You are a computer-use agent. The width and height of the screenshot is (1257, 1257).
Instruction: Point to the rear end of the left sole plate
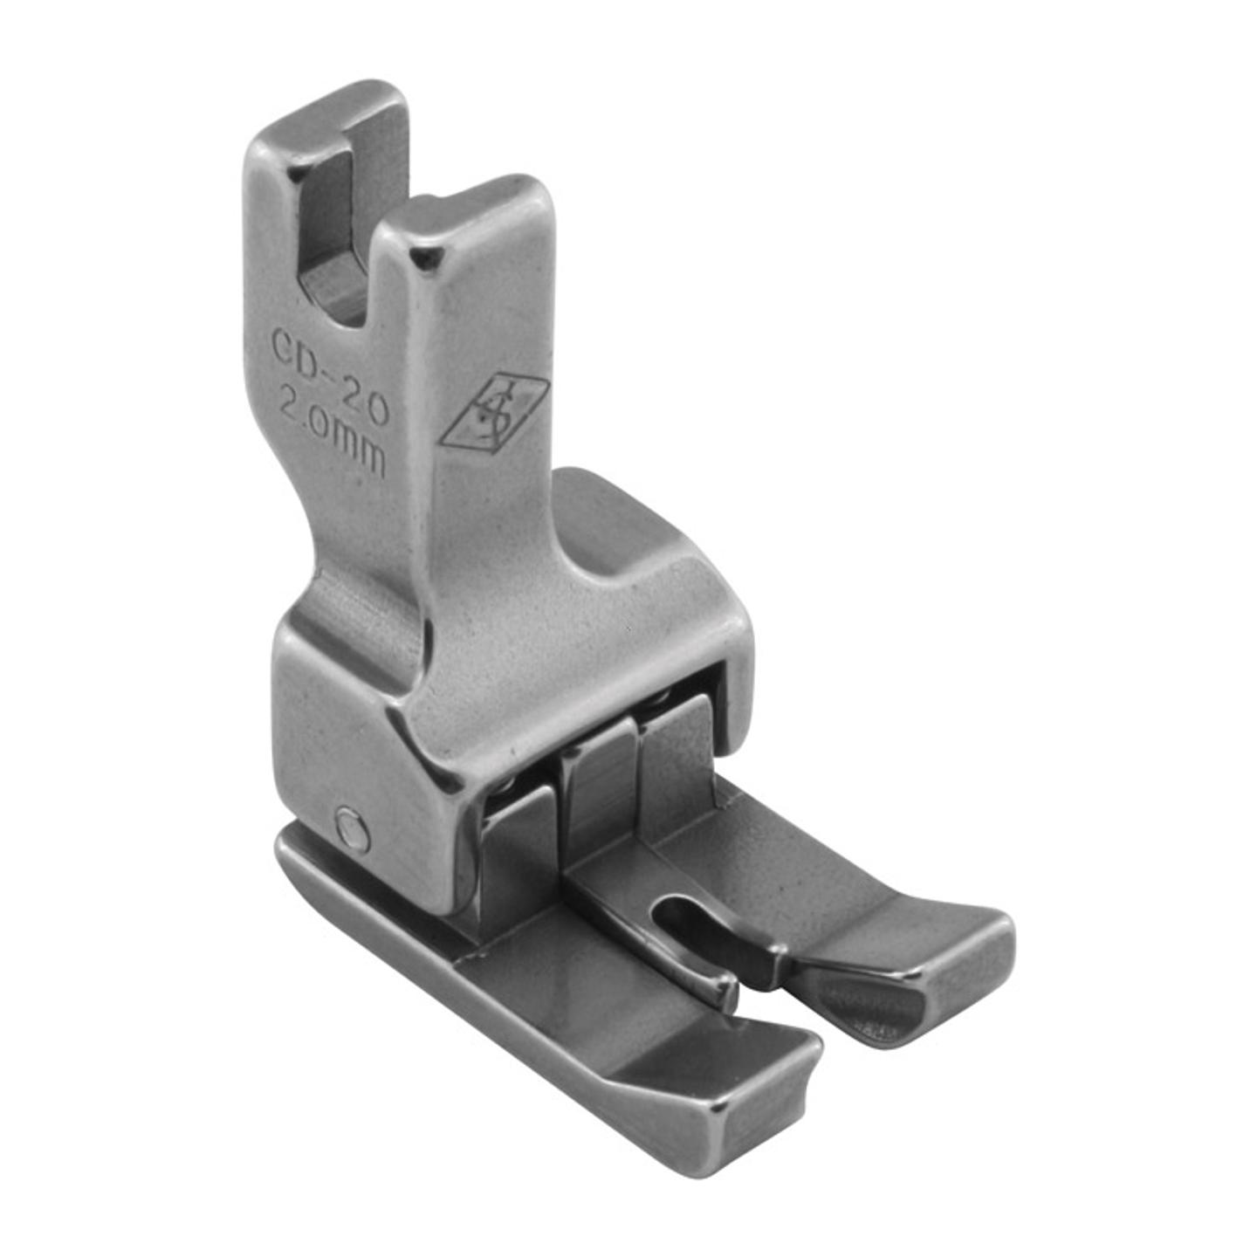pos(292,851)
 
